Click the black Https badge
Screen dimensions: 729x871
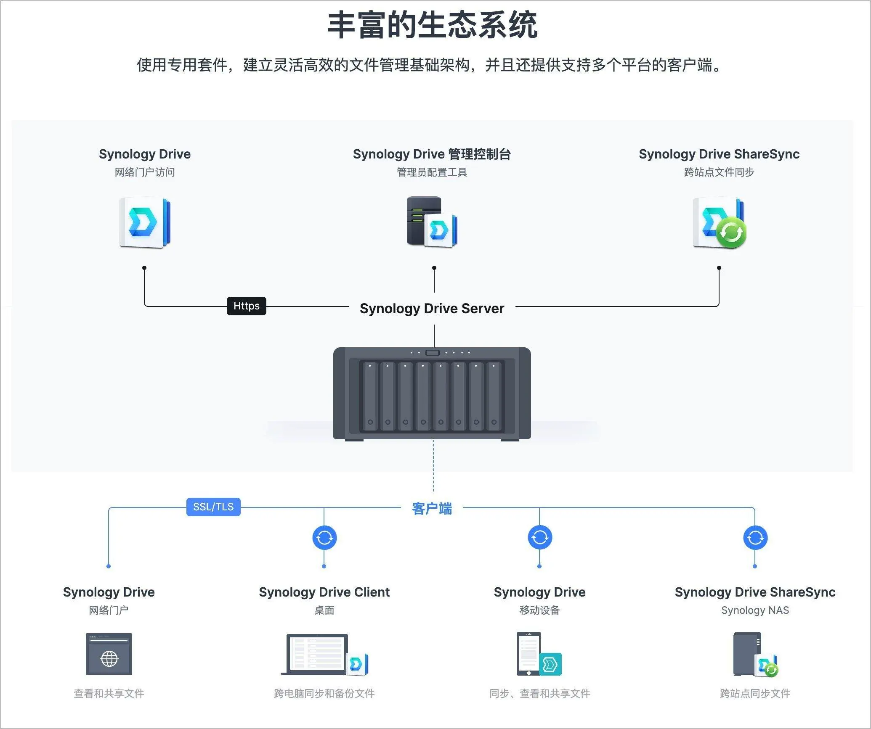pos(246,306)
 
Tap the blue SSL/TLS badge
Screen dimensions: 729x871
pos(213,507)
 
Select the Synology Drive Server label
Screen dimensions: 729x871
pos(432,309)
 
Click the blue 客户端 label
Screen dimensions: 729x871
pos(432,509)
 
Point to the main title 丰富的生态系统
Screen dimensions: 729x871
pos(432,25)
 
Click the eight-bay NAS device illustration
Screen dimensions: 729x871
pos(432,394)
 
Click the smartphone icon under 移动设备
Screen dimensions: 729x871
pos(529,653)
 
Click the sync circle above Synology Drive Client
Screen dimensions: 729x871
pos(324,538)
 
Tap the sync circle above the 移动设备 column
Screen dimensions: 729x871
pos(540,538)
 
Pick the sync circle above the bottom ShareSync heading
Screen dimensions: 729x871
pos(755,538)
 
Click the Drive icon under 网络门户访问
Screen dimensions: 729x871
pos(145,222)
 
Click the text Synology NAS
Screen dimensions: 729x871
pos(755,610)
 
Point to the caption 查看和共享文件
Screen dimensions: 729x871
pos(109,693)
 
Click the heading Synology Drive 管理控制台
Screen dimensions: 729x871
pos(432,154)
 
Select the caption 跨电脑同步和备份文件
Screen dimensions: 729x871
pos(324,693)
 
